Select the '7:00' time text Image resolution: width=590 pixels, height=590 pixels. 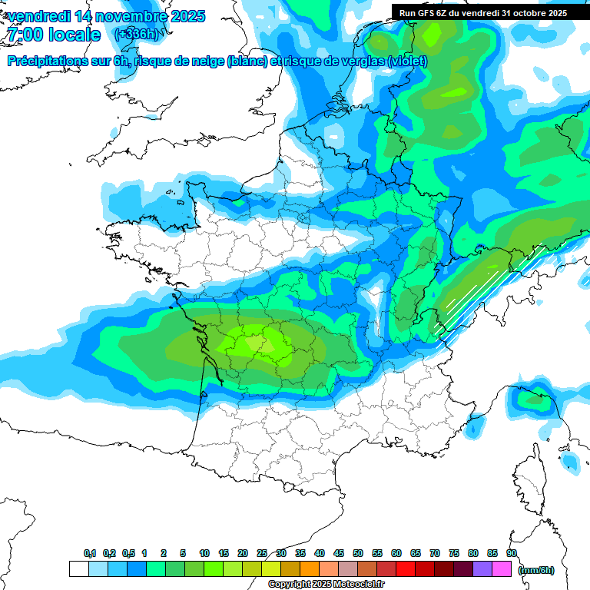coord(23,35)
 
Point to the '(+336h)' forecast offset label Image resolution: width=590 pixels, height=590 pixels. coord(138,35)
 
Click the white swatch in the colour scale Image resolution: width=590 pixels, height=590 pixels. coord(78,569)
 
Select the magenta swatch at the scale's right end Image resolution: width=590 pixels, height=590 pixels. coord(502,569)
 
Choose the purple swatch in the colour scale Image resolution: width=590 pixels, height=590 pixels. coord(482,569)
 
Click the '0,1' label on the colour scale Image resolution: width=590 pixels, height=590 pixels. coord(90,554)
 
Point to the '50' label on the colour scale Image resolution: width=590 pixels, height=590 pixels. coord(358,554)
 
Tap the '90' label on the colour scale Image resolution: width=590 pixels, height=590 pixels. coord(512,554)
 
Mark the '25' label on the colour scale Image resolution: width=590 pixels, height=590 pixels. coord(262,554)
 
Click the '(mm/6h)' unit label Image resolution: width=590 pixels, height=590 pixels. coord(536,570)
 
